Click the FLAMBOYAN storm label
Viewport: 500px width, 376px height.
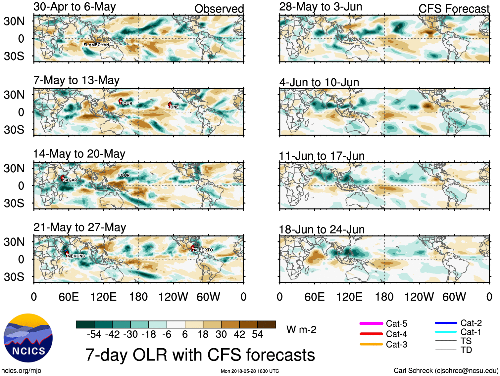click(x=96, y=45)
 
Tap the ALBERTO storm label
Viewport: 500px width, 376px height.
click(x=203, y=250)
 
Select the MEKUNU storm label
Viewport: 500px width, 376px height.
click(x=76, y=256)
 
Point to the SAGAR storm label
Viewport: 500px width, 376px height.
click(x=70, y=180)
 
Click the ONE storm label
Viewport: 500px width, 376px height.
click(x=174, y=107)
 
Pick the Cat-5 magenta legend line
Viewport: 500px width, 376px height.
click(x=371, y=323)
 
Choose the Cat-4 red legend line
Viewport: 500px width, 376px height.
click(x=371, y=334)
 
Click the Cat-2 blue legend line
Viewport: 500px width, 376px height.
click(x=446, y=323)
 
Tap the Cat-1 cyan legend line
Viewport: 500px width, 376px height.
click(x=446, y=332)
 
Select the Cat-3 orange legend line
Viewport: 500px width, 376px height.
click(x=371, y=344)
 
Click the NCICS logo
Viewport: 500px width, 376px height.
click(x=28, y=338)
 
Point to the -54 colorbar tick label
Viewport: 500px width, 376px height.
click(x=94, y=334)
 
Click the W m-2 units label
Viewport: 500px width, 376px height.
click(x=301, y=330)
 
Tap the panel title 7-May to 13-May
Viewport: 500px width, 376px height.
click(x=76, y=80)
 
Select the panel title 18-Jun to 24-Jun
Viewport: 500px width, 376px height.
click(x=322, y=229)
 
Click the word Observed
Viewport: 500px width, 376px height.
click(x=219, y=9)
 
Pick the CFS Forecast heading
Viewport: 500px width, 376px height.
click(x=454, y=9)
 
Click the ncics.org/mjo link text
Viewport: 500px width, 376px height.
click(x=21, y=371)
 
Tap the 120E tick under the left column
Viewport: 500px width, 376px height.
click(x=104, y=297)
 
